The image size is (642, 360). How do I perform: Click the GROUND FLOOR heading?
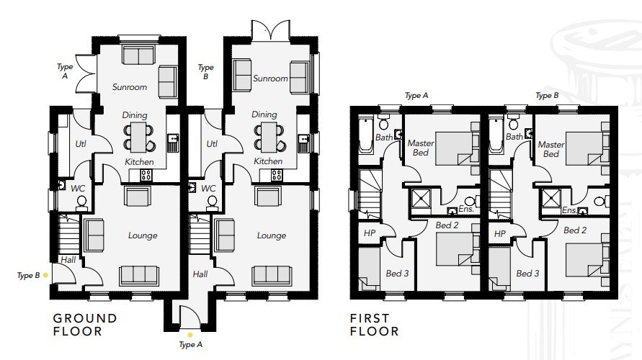pyautogui.click(x=85, y=325)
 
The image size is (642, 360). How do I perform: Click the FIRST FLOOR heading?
pyautogui.click(x=374, y=325)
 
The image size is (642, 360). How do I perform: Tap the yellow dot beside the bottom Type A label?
pyautogui.click(x=190, y=335)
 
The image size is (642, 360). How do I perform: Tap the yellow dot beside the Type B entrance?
pyautogui.click(x=45, y=275)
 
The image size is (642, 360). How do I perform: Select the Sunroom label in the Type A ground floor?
pyautogui.click(x=130, y=86)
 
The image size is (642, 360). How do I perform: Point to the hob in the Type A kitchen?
pyautogui.click(x=146, y=176)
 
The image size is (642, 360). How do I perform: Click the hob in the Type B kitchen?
pyautogui.click(x=277, y=175)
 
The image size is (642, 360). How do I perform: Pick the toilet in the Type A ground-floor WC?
pyautogui.click(x=81, y=203)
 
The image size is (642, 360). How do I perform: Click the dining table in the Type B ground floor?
pyautogui.click(x=269, y=137)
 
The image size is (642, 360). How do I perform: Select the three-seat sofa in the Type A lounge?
pyautogui.click(x=139, y=276)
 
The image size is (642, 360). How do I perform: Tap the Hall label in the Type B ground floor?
pyautogui.click(x=200, y=274)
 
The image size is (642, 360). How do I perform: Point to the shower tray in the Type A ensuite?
pyautogui.click(x=422, y=199)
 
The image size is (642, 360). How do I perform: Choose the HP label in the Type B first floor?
pyautogui.click(x=500, y=233)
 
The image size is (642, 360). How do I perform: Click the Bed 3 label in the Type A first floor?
pyautogui.click(x=397, y=274)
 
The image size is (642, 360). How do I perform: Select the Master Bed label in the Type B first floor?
pyautogui.click(x=551, y=149)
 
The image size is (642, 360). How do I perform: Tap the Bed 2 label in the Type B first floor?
pyautogui.click(x=575, y=230)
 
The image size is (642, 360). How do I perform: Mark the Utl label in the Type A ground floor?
pyautogui.click(x=81, y=143)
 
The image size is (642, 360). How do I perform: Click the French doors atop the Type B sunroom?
pyautogui.click(x=270, y=31)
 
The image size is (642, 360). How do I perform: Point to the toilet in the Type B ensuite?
pyautogui.click(x=599, y=202)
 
